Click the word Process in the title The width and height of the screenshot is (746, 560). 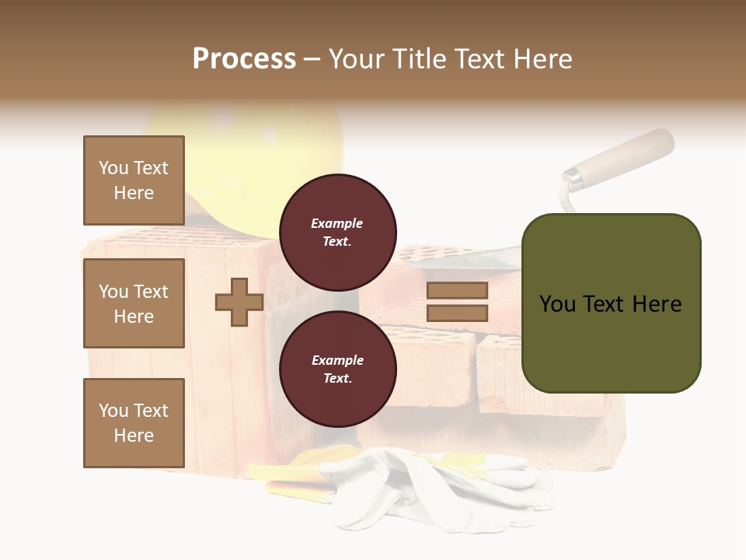pos(244,59)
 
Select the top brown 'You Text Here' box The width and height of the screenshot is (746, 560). pos(134,180)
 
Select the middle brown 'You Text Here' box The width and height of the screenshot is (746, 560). pos(134,303)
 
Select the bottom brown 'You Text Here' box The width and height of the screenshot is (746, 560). pos(134,423)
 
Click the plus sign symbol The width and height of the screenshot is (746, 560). pos(239,302)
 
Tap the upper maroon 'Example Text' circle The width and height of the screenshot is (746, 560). pos(337,232)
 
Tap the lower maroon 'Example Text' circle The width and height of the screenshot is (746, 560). pos(337,369)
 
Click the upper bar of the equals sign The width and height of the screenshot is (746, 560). pos(457,291)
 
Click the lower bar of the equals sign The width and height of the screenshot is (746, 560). pos(457,313)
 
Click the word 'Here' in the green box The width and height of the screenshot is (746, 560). pos(657,304)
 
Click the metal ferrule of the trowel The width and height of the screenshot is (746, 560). pos(573,179)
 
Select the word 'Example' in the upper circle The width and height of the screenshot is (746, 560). pos(337,223)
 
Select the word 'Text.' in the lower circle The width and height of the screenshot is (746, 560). pos(337,378)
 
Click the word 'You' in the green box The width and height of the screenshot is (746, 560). pos(557,304)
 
